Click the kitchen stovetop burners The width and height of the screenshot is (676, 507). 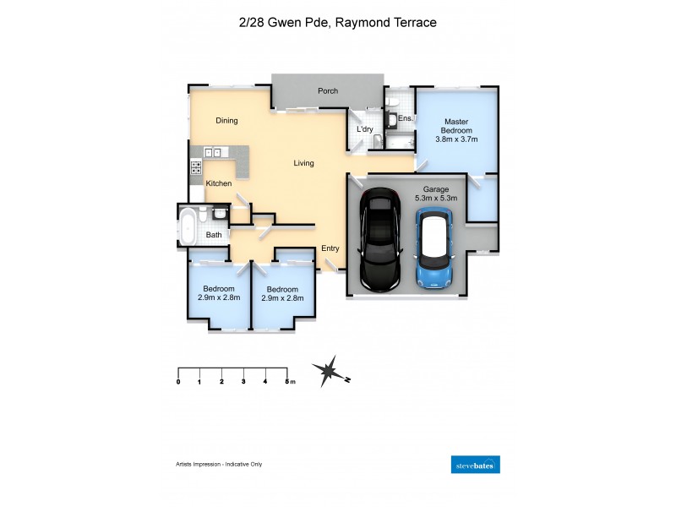pos(195,166)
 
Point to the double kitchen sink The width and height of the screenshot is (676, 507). pos(212,153)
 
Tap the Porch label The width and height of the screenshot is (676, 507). pos(327,91)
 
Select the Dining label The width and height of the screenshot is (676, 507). pos(226,121)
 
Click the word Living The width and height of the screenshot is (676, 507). pos(303,163)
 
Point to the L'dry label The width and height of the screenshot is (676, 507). pos(365,129)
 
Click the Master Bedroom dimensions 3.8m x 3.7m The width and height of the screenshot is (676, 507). pos(456,139)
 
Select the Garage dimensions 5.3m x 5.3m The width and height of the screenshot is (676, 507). pos(435,199)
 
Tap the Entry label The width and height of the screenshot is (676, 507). pos(330,248)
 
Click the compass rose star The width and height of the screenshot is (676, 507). pos(328,370)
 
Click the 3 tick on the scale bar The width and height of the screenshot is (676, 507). pos(243,382)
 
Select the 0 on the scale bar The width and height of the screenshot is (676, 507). pos(178,382)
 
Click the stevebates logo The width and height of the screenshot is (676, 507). pos(476,465)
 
